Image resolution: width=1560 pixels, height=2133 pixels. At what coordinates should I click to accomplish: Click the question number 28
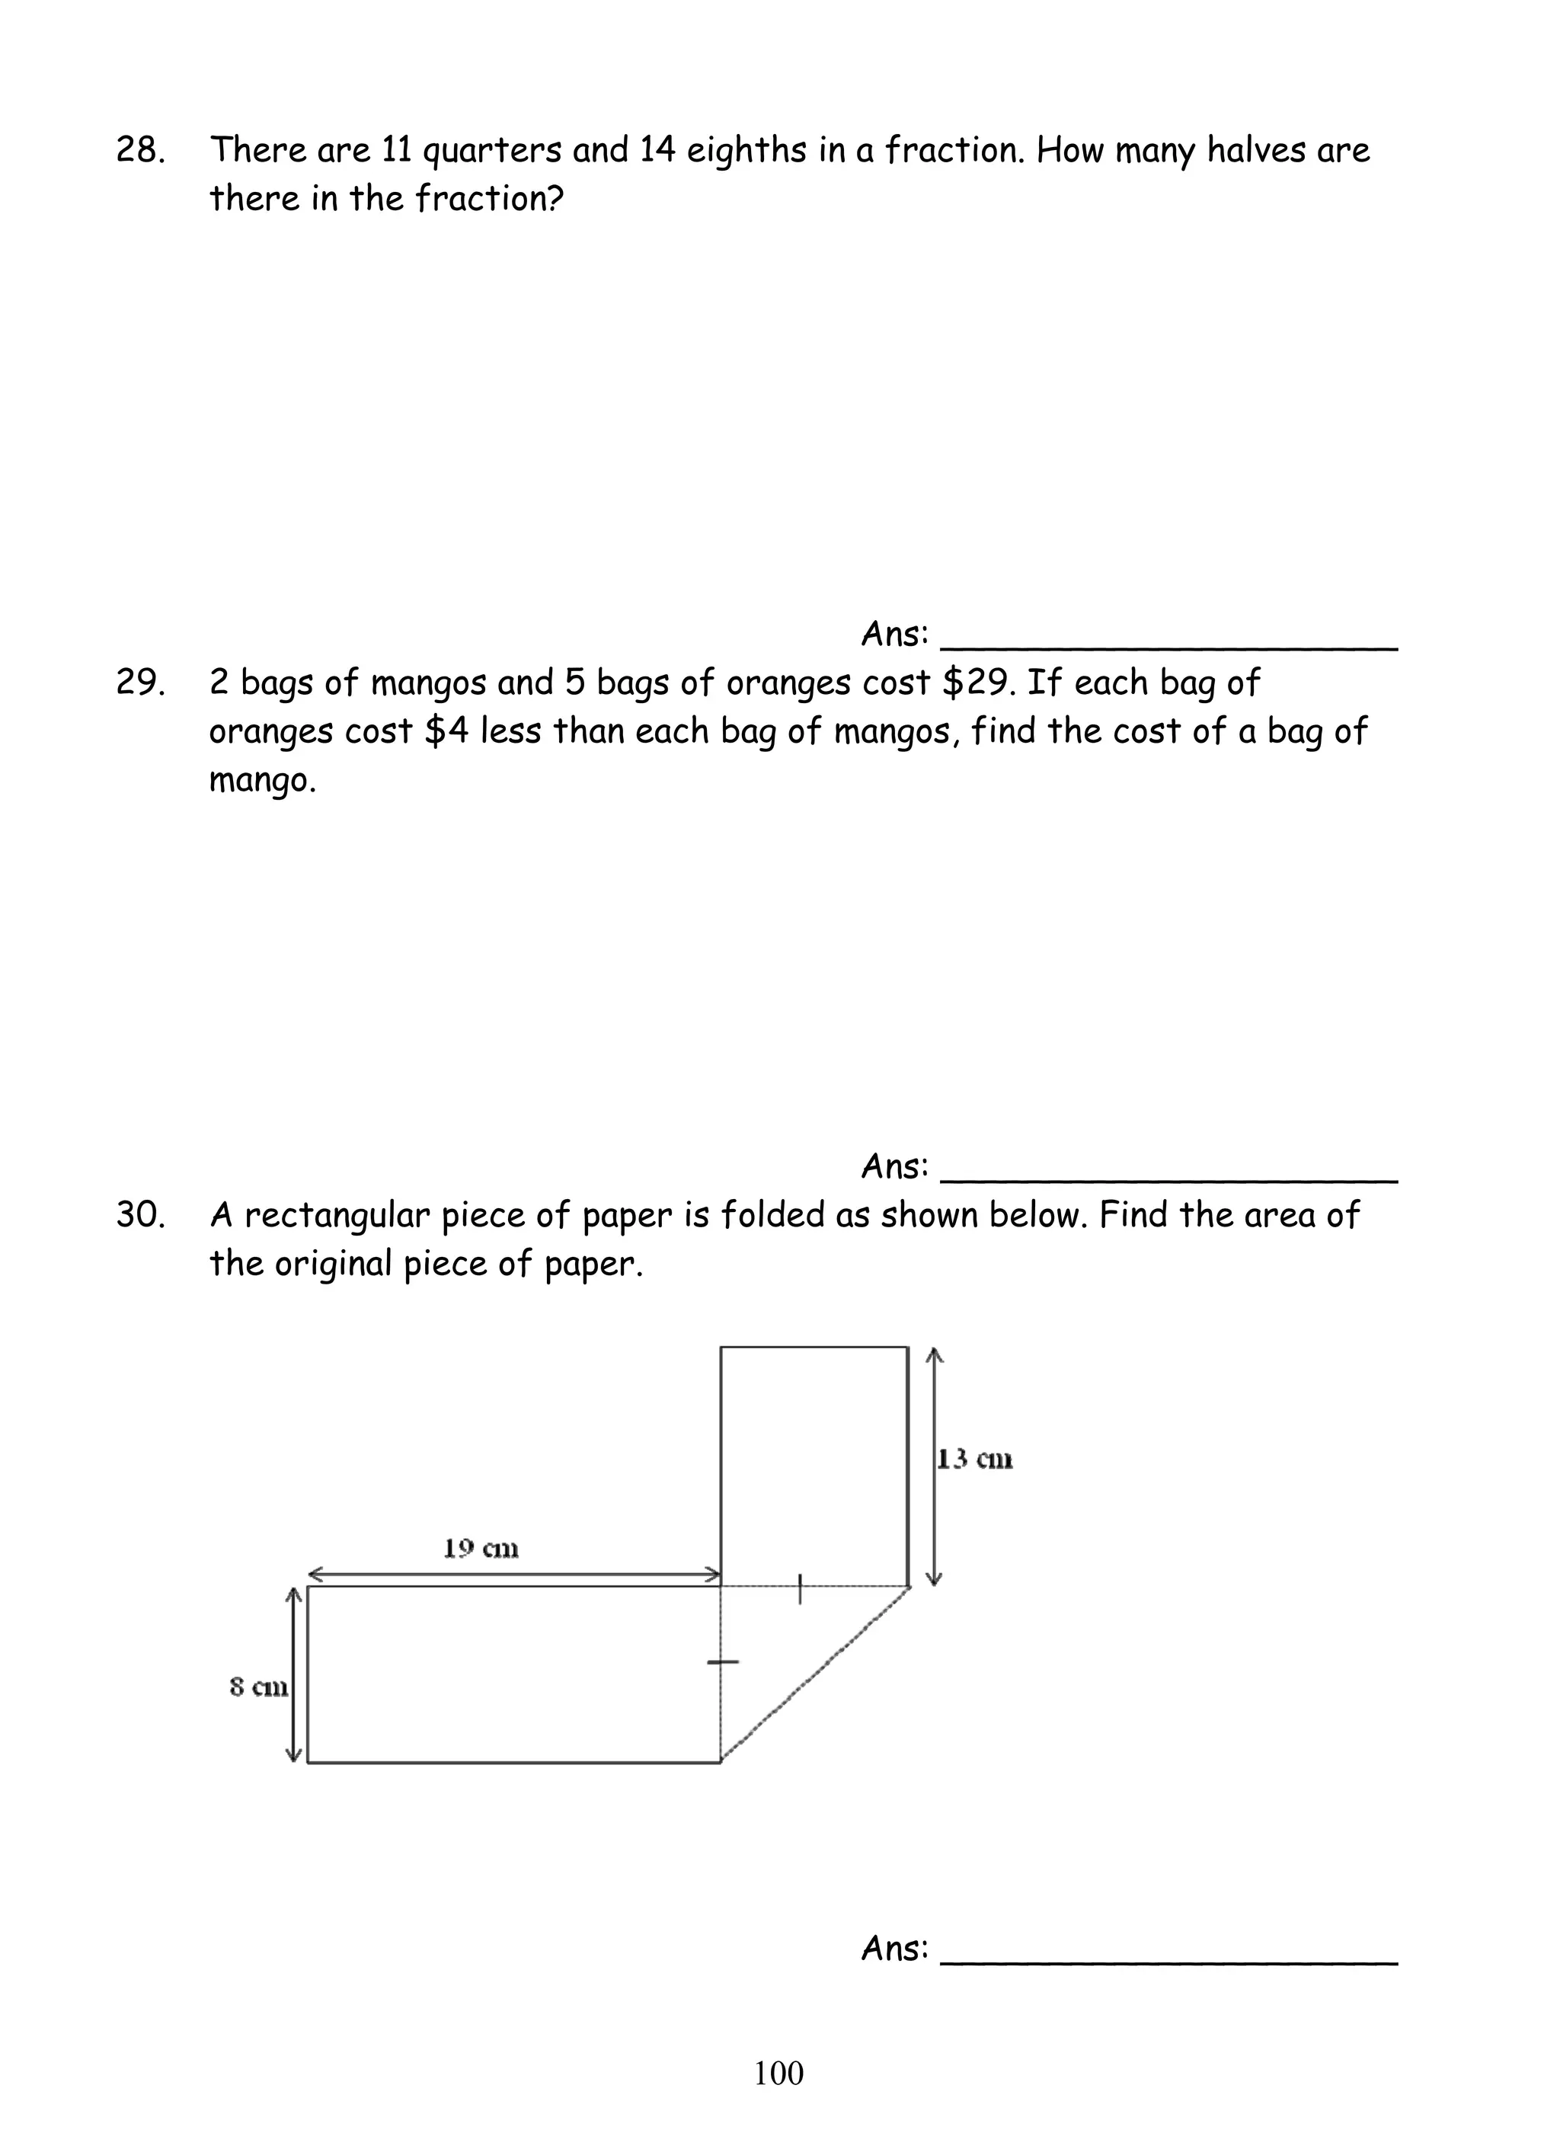click(139, 150)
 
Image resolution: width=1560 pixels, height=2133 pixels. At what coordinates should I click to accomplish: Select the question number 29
click(139, 683)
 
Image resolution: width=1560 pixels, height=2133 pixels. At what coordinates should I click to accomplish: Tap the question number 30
click(139, 1215)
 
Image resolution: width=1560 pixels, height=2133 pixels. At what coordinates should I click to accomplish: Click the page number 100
click(779, 2073)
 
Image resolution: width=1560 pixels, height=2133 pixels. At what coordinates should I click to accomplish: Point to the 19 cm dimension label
click(481, 1549)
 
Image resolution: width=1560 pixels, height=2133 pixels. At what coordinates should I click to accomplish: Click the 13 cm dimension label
click(974, 1460)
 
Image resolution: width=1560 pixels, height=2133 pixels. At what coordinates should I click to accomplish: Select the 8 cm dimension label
click(257, 1687)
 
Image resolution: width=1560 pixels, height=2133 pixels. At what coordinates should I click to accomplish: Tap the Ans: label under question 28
click(894, 635)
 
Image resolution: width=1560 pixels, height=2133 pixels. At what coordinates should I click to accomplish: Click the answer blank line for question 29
click(1169, 1179)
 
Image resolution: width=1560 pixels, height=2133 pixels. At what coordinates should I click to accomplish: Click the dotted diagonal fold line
click(816, 1674)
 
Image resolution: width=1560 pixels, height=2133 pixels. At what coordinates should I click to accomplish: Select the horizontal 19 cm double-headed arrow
click(515, 1574)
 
